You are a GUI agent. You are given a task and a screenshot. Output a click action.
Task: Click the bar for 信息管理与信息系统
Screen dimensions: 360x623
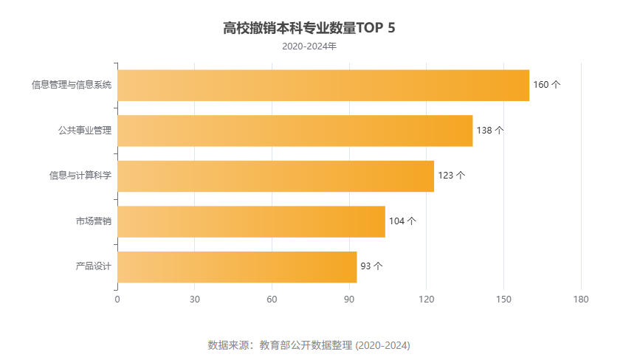323,85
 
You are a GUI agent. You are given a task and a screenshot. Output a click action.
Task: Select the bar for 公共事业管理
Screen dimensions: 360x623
295,131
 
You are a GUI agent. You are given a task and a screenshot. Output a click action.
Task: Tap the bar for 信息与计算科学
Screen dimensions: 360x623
275,176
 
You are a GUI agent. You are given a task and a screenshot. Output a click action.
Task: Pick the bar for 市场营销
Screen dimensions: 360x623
251,221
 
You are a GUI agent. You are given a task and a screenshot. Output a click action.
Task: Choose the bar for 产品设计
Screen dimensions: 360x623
237,267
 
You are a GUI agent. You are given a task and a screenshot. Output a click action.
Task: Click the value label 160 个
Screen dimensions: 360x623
546,85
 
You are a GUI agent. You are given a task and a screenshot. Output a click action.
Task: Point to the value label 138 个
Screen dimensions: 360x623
490,131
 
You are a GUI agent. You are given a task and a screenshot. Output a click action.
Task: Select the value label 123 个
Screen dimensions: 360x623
451,176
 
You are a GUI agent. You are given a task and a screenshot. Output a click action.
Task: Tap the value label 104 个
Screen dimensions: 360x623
402,221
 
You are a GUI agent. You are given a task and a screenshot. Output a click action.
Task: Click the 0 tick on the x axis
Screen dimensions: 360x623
117,300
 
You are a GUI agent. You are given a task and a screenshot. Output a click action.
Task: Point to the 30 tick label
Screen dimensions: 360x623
195,300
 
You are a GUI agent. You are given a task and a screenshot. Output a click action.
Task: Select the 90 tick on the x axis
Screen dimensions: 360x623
349,300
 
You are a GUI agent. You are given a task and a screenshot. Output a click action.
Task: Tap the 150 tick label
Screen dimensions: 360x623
503,300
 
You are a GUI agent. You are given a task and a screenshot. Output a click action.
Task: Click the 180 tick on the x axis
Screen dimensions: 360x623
581,300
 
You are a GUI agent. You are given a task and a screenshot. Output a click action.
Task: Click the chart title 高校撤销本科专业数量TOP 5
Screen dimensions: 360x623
309,29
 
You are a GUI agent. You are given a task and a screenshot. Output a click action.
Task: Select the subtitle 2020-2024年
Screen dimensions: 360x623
309,46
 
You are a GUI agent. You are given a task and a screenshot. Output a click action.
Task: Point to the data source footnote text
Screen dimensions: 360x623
309,345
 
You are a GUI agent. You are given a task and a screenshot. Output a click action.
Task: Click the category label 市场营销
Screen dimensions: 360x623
93,221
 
